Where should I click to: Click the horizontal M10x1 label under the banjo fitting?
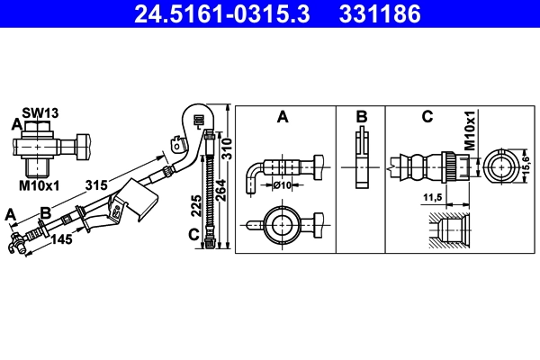pos(39,185)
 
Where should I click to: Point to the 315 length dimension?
pos(97,185)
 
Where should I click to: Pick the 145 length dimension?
pos(62,240)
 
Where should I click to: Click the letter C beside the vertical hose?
pos(193,236)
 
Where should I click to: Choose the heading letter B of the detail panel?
pos(360,116)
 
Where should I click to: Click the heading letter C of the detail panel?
pos(427,116)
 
